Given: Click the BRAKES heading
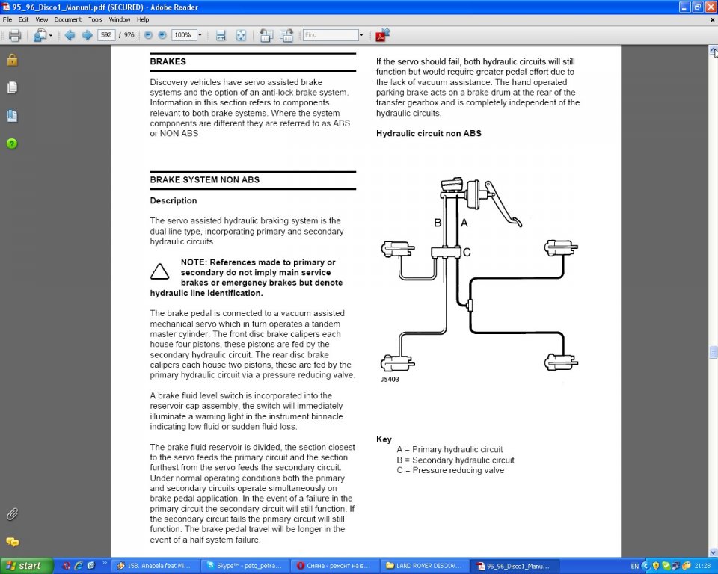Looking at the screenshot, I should (x=168, y=61).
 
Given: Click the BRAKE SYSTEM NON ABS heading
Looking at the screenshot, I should (x=204, y=179).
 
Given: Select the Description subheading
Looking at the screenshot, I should (x=174, y=200).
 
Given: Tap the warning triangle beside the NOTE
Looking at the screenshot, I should (x=159, y=272).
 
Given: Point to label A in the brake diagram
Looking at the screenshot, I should (x=464, y=223).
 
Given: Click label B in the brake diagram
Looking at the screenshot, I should (x=438, y=223).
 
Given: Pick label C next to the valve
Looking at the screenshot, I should (x=467, y=253).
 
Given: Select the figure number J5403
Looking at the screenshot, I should (x=390, y=379).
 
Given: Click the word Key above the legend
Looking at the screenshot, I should (x=384, y=439).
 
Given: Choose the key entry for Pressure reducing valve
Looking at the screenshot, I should (x=450, y=470).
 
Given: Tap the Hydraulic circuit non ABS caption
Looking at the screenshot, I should (x=429, y=133).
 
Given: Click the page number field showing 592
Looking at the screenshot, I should (x=105, y=35).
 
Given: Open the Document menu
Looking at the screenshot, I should (x=67, y=19).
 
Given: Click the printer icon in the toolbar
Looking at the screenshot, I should (x=14, y=35).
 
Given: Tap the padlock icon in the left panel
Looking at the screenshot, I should (x=12, y=60).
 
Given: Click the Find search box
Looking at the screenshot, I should (x=331, y=35).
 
